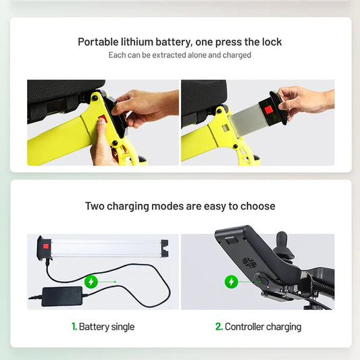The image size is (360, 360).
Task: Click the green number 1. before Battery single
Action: coord(74,326)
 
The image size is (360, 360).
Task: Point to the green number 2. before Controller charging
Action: coord(219,326)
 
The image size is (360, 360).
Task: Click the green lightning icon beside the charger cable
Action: coord(91,282)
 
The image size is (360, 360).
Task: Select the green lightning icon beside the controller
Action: coord(231,282)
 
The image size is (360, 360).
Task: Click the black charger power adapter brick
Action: coord(62,297)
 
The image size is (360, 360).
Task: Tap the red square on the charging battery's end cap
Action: coord(46,247)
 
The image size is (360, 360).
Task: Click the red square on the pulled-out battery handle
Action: coord(268,110)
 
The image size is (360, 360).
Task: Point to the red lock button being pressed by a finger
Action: coord(103,119)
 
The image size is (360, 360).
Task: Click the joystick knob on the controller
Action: coord(284,245)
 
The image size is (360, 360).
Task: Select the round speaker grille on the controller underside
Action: coord(249,263)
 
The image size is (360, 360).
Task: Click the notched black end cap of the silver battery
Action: coord(165,248)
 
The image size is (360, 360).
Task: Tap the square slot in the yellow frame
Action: coord(225,128)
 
